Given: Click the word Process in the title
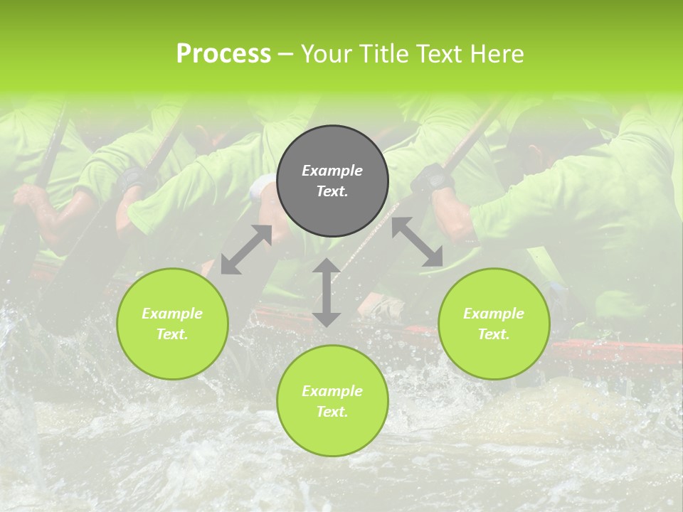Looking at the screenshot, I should (223, 54).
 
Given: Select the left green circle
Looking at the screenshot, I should (172, 324).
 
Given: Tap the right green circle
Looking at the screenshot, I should (494, 324).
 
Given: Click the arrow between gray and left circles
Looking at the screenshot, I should (246, 250).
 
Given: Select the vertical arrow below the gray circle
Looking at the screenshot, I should (327, 292).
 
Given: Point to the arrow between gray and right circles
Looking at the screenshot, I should (417, 242).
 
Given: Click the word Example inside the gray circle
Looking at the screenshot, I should (332, 171).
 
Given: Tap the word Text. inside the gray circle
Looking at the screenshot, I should (332, 191).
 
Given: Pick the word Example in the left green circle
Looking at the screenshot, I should (172, 314).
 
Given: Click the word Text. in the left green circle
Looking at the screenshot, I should (172, 334).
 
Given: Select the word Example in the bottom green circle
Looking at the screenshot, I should (332, 391).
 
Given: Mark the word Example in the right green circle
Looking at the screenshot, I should (494, 314).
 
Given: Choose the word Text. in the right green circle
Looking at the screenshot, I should (494, 334).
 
